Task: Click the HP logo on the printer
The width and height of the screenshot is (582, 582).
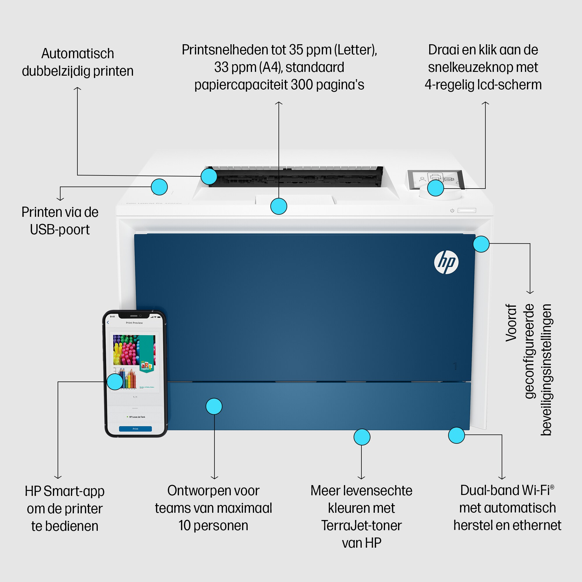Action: pyautogui.click(x=446, y=262)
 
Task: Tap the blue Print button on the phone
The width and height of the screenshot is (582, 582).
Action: pyautogui.click(x=135, y=429)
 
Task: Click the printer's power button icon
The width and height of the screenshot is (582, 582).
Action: pyautogui.click(x=452, y=211)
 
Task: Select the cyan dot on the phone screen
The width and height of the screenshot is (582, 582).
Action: pyautogui.click(x=115, y=382)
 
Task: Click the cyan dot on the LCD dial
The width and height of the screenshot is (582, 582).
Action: pyautogui.click(x=436, y=188)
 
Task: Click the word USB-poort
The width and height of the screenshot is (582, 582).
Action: pyautogui.click(x=60, y=230)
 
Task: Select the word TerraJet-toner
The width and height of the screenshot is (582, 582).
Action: pyautogui.click(x=361, y=526)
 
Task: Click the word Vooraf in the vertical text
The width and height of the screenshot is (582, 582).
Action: pyautogui.click(x=511, y=323)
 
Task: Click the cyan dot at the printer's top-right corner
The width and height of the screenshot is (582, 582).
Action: pyautogui.click(x=481, y=244)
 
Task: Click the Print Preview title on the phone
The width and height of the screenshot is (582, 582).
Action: pyautogui.click(x=134, y=323)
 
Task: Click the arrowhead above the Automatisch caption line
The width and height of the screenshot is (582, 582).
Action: pyautogui.click(x=77, y=88)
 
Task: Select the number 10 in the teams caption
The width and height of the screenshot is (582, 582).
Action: pyautogui.click(x=184, y=526)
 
